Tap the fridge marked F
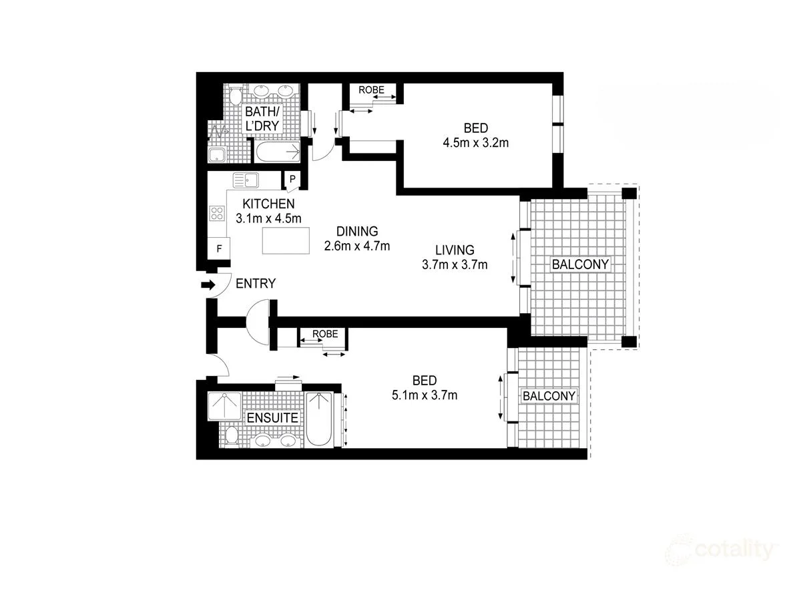point(218,248)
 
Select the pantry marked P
point(292,180)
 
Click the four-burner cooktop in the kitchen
point(217,214)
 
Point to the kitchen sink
point(246,180)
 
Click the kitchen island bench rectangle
point(286,240)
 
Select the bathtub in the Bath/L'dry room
point(278,152)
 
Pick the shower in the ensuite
point(224,405)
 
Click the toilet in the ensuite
point(231,436)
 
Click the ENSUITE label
point(272,418)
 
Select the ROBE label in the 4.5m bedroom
point(371,89)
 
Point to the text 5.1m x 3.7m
point(425,395)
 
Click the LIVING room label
point(455,250)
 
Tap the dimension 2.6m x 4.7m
point(356,246)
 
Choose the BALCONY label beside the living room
point(580,264)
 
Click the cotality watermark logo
point(722,550)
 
